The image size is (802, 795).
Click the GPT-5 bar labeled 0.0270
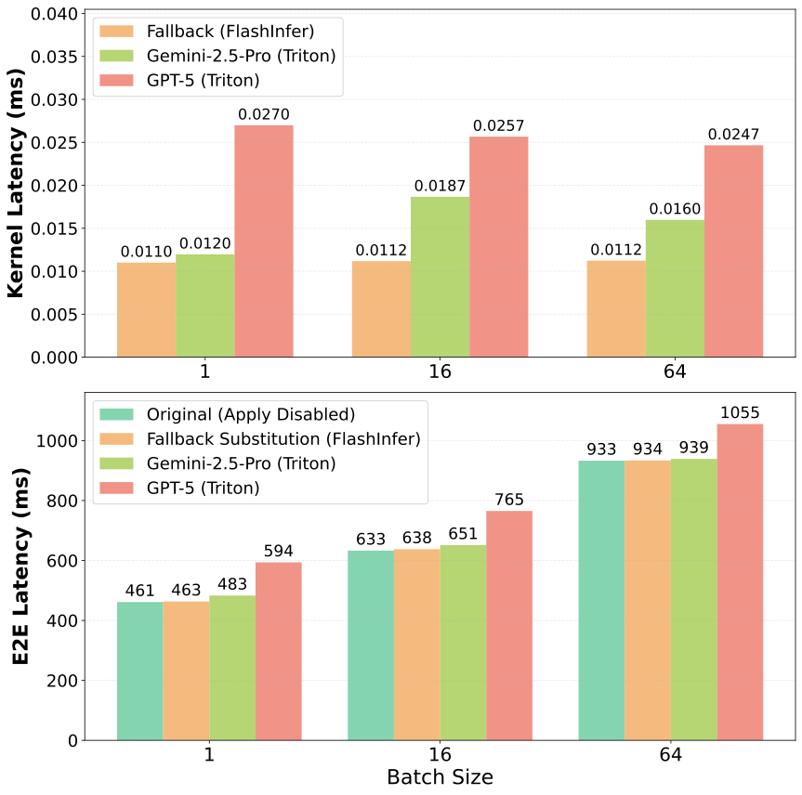(x=264, y=241)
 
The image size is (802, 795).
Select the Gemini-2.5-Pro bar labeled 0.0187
(x=440, y=277)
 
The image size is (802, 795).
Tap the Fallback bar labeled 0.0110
(x=146, y=309)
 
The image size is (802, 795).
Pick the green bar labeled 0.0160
(x=675, y=288)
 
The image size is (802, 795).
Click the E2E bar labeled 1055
(x=740, y=582)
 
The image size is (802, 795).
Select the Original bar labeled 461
(x=139, y=671)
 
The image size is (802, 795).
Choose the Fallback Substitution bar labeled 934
(x=648, y=600)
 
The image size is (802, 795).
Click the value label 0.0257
(x=498, y=125)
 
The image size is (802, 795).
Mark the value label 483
(x=232, y=585)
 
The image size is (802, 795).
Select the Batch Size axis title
(x=440, y=776)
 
